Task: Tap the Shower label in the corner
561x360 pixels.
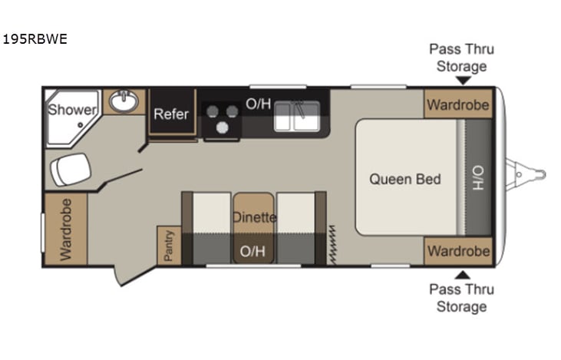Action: coord(72,110)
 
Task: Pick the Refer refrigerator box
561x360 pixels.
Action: coord(171,114)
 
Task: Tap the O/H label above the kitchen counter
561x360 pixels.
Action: coord(258,103)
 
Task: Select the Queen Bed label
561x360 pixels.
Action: coord(405,179)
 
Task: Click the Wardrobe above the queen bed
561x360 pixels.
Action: coord(458,104)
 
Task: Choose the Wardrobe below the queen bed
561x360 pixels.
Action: coord(458,251)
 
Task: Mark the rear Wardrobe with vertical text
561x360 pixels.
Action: coord(65,230)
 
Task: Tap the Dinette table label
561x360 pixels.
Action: coord(254,217)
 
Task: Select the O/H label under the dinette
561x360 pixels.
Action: coord(253,251)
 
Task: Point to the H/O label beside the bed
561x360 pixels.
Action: coord(477,179)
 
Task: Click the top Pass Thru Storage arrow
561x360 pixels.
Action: coord(462,80)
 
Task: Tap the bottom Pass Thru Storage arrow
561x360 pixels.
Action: coord(462,274)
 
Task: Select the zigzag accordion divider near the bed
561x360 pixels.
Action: coord(334,244)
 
